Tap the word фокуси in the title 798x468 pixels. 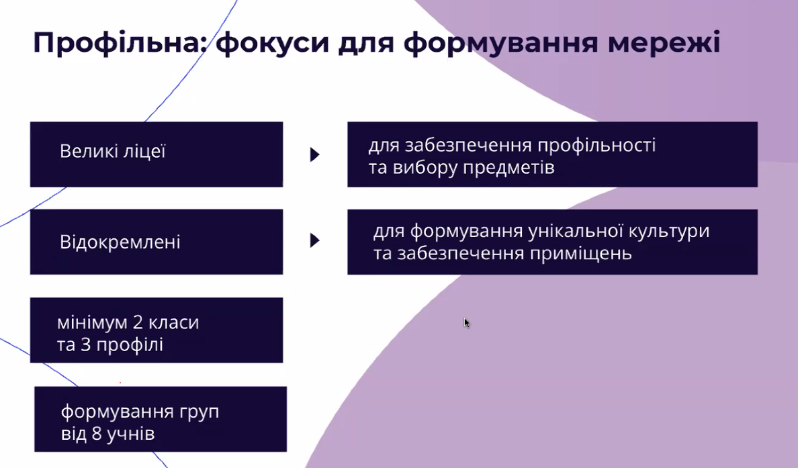(x=272, y=42)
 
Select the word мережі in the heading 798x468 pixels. (x=664, y=42)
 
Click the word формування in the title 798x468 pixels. (x=501, y=42)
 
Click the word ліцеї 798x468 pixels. (x=140, y=151)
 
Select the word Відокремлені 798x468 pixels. (x=120, y=242)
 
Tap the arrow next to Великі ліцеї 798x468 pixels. (x=315, y=154)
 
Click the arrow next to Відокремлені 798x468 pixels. (x=315, y=240)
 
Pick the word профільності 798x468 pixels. (x=596, y=146)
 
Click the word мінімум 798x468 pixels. (x=92, y=322)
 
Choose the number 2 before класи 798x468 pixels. (x=138, y=322)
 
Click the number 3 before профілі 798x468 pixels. (x=85, y=345)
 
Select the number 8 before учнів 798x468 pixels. (x=97, y=434)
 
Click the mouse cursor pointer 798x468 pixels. (x=467, y=323)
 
